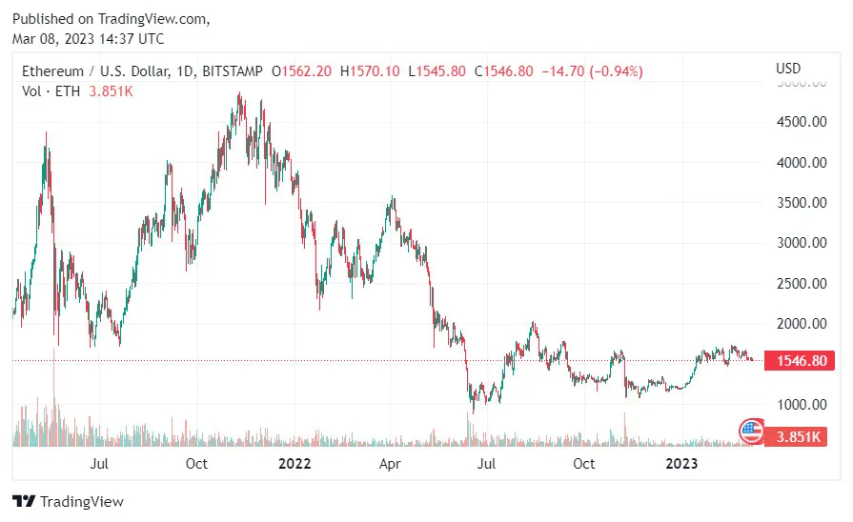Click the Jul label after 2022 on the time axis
coord(487,464)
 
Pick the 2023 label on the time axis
coord(680,464)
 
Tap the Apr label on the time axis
coord(389,464)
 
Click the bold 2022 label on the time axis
coord(294,464)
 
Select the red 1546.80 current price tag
coord(805,362)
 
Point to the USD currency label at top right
coord(788,69)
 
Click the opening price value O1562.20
coord(304,71)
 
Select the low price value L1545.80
coord(437,71)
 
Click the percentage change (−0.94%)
coord(617,71)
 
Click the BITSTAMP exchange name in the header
coord(234,71)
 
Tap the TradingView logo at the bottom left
coord(68,501)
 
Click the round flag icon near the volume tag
coord(752,432)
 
